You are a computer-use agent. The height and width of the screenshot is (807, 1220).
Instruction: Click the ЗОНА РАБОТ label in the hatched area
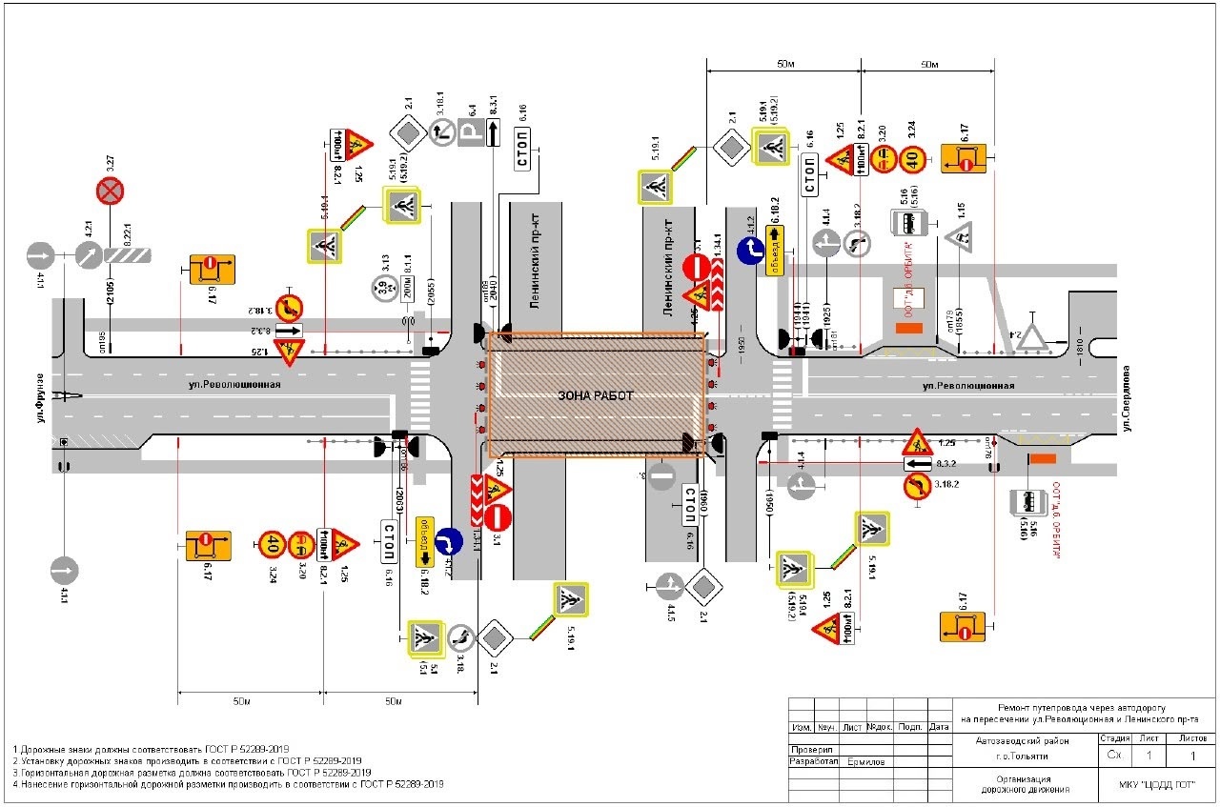tap(597, 395)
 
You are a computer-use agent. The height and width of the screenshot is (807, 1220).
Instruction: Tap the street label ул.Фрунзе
tap(41, 399)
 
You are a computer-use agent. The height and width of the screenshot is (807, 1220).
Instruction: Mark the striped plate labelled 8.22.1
tap(129, 255)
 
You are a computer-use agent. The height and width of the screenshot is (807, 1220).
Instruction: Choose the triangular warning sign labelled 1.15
tap(959, 234)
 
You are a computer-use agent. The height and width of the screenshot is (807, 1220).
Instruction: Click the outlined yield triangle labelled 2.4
tap(1032, 334)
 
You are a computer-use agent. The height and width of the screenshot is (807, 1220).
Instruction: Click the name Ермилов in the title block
tap(865, 762)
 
